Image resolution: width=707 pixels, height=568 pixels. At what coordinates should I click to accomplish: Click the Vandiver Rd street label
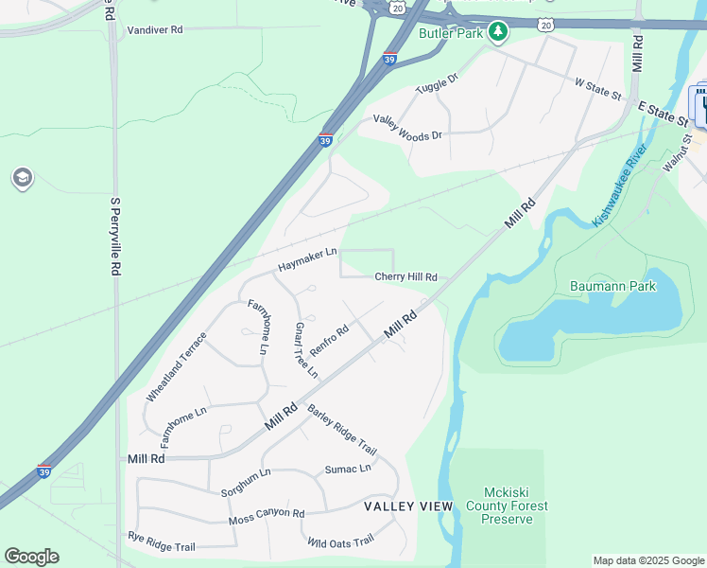click(153, 30)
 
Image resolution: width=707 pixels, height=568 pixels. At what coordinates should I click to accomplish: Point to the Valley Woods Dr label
click(407, 128)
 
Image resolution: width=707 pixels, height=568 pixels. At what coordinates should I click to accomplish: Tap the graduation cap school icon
click(21, 178)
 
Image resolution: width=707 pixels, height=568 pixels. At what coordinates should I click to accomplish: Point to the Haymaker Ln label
click(307, 260)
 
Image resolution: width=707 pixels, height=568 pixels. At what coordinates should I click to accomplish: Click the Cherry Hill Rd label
click(405, 277)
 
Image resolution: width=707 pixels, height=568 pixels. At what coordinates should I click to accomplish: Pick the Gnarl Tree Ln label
click(305, 350)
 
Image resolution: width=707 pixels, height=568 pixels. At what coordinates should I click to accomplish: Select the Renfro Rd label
click(330, 341)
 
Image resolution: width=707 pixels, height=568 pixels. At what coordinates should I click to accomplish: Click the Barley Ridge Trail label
click(342, 430)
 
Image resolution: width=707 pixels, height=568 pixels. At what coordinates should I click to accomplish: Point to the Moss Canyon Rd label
click(267, 517)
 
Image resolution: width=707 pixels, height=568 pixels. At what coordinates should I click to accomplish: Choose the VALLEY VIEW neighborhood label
click(408, 506)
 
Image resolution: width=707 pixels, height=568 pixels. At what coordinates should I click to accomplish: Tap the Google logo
click(31, 557)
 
